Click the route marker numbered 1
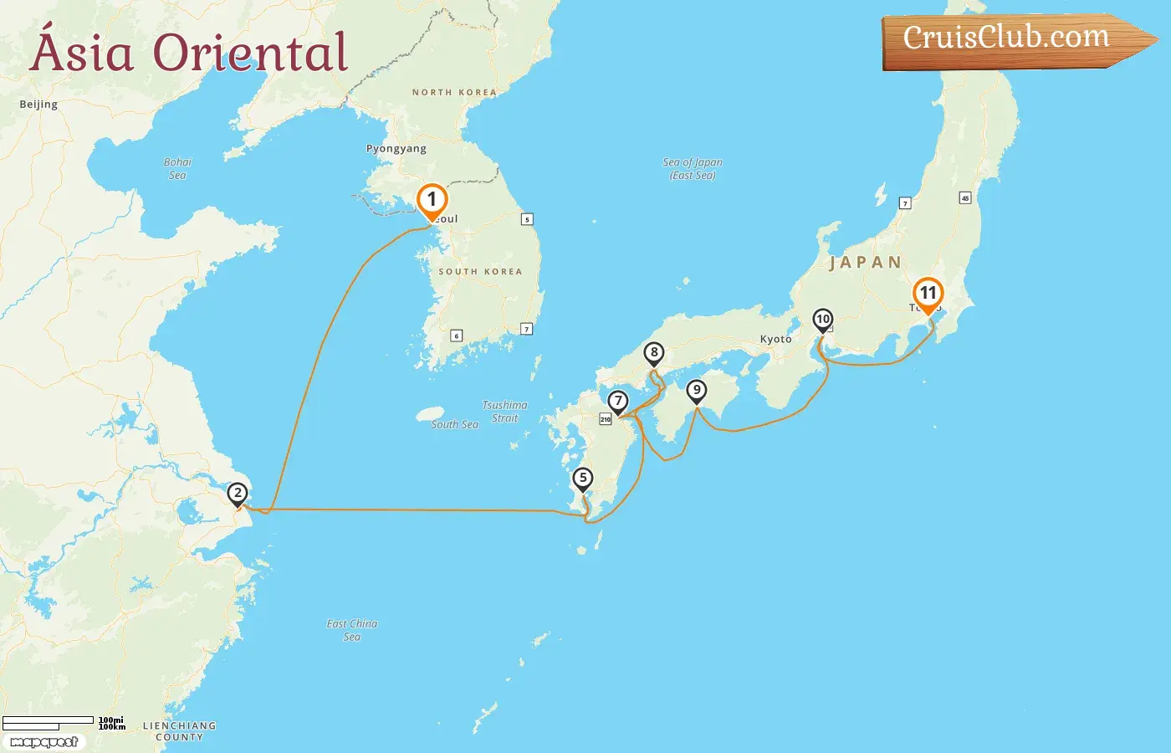pyautogui.click(x=432, y=200)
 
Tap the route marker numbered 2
pyautogui.click(x=238, y=494)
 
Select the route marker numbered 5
pyautogui.click(x=583, y=479)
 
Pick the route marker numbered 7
pyautogui.click(x=618, y=402)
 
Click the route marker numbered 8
pyautogui.click(x=654, y=353)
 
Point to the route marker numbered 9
pyautogui.click(x=696, y=390)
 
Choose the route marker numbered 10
pyautogui.click(x=823, y=320)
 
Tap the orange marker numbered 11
pyautogui.click(x=928, y=294)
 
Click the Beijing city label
pyautogui.click(x=38, y=105)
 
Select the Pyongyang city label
pyautogui.click(x=396, y=149)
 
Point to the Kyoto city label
pyautogui.click(x=775, y=340)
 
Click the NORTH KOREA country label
pyautogui.click(x=454, y=93)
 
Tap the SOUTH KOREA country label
pyautogui.click(x=480, y=272)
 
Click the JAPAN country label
pyautogui.click(x=865, y=263)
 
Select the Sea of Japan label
pyautogui.click(x=692, y=168)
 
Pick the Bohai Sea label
pyautogui.click(x=177, y=168)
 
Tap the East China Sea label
pyautogui.click(x=351, y=630)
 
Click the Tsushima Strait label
pyautogui.click(x=504, y=412)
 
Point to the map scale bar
pyautogui.click(x=49, y=722)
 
